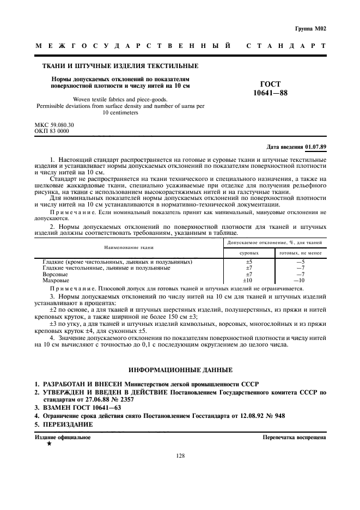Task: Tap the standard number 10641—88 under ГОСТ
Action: click(270, 93)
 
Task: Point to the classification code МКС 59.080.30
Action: click(54, 125)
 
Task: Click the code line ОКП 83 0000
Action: click(52, 131)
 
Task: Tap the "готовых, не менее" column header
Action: click(300, 253)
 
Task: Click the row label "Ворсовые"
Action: click(55, 274)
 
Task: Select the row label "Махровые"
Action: click(56, 280)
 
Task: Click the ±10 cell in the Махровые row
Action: click(249, 280)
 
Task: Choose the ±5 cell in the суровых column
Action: click(249, 262)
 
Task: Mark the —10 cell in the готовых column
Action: click(300, 280)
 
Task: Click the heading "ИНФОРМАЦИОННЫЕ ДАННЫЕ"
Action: click(180, 370)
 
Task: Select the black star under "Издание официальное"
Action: click(49, 444)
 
